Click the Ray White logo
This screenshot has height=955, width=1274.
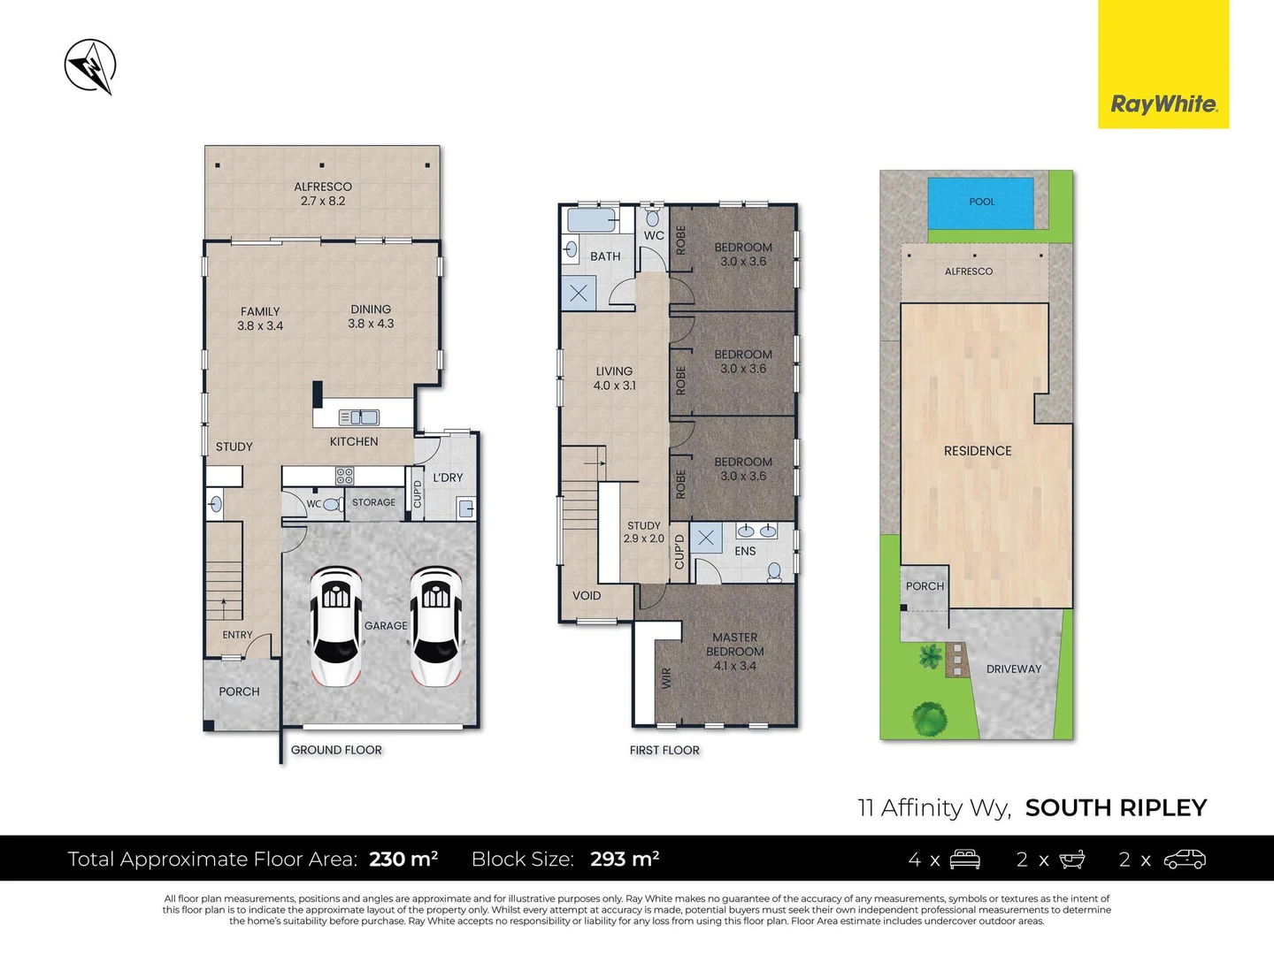(1163, 103)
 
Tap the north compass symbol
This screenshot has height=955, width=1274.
(90, 66)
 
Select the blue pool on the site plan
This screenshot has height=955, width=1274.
(980, 202)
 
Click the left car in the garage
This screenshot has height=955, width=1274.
(335, 626)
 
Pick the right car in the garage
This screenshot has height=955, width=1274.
(435, 626)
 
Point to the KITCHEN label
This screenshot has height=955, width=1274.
(354, 441)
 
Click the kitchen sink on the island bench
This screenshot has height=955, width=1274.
(359, 417)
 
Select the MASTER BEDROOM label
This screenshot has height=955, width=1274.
(734, 645)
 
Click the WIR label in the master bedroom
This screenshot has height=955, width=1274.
(666, 677)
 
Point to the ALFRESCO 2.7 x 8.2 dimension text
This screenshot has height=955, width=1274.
(323, 201)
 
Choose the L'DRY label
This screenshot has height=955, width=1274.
(448, 477)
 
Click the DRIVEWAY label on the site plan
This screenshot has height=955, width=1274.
(1014, 669)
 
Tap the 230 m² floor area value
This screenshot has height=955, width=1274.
(403, 859)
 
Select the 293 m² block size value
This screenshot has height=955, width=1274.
(625, 859)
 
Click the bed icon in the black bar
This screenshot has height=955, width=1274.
(964, 859)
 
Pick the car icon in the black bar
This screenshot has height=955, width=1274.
(1185, 859)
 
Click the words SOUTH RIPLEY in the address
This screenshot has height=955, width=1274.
(1116, 807)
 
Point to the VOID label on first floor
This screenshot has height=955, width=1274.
(587, 596)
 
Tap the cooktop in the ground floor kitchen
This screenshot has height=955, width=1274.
(344, 477)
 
